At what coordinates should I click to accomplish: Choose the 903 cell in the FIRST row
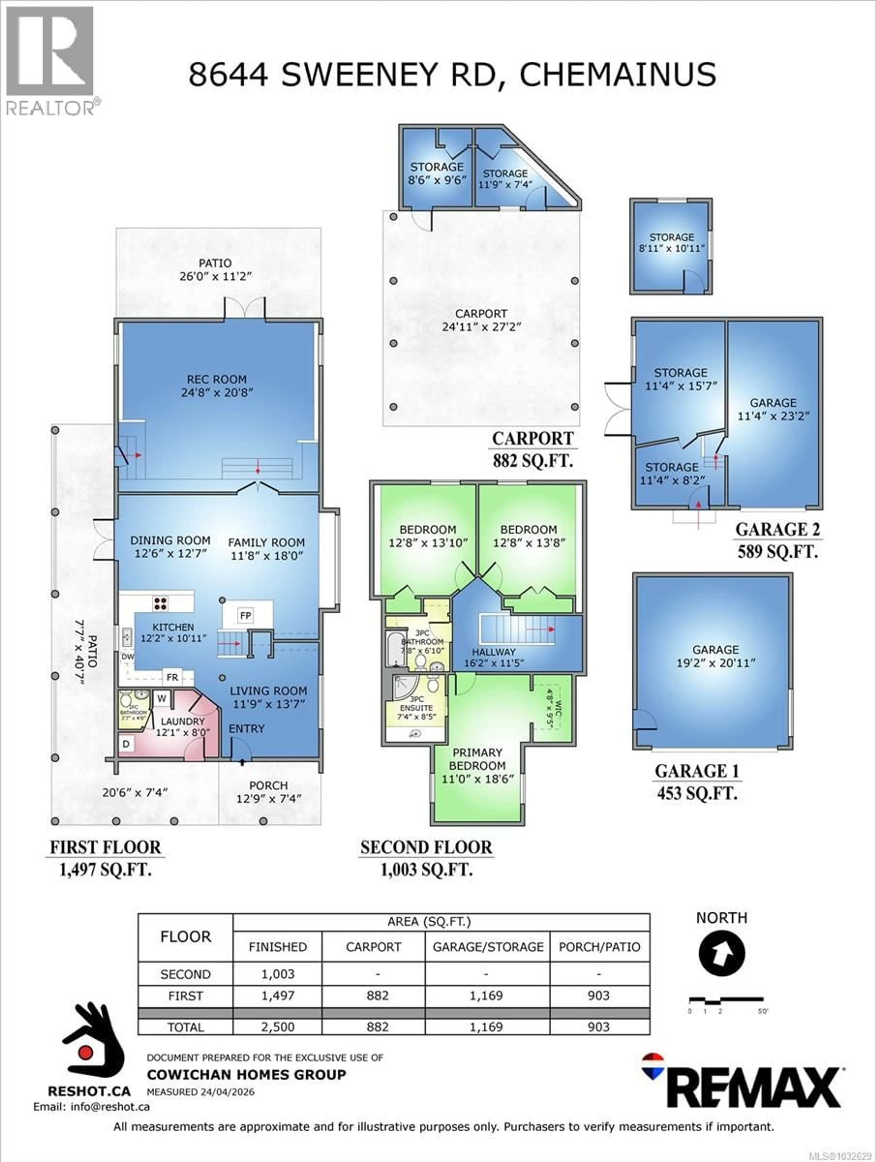click(x=599, y=995)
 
